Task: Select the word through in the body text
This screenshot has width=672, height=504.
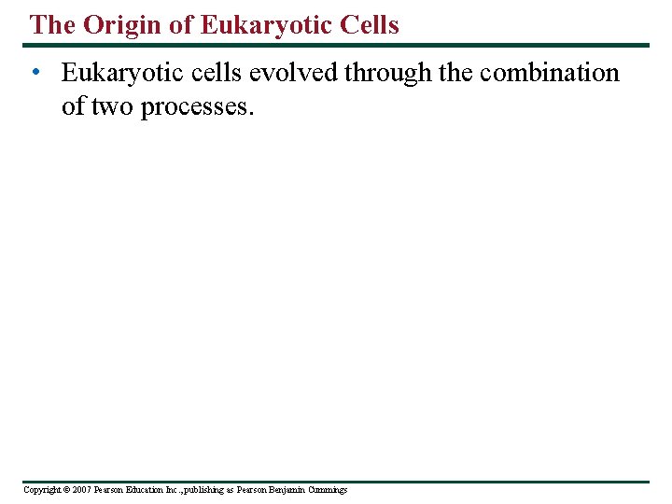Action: [388, 73]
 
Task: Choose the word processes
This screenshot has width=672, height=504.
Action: [197, 106]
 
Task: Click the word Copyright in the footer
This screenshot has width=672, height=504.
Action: [42, 490]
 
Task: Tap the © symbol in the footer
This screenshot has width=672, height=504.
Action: [66, 490]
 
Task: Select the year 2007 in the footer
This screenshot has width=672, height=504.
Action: [80, 490]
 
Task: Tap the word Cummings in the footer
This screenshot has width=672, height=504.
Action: [328, 490]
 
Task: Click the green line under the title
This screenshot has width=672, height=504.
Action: [336, 45]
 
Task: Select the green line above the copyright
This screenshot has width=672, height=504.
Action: [336, 482]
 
